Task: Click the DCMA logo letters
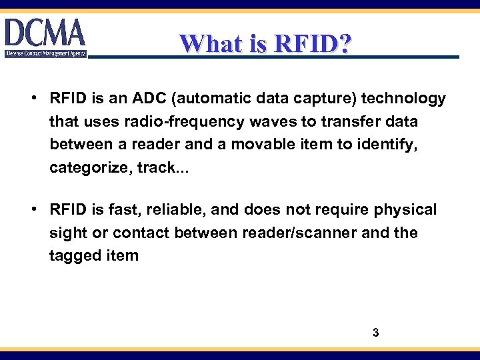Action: [x=45, y=33]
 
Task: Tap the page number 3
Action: [x=375, y=332]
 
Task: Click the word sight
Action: [x=67, y=233]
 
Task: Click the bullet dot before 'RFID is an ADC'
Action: [x=33, y=99]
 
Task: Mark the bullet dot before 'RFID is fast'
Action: [x=33, y=210]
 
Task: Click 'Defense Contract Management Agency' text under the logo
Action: [x=45, y=53]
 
